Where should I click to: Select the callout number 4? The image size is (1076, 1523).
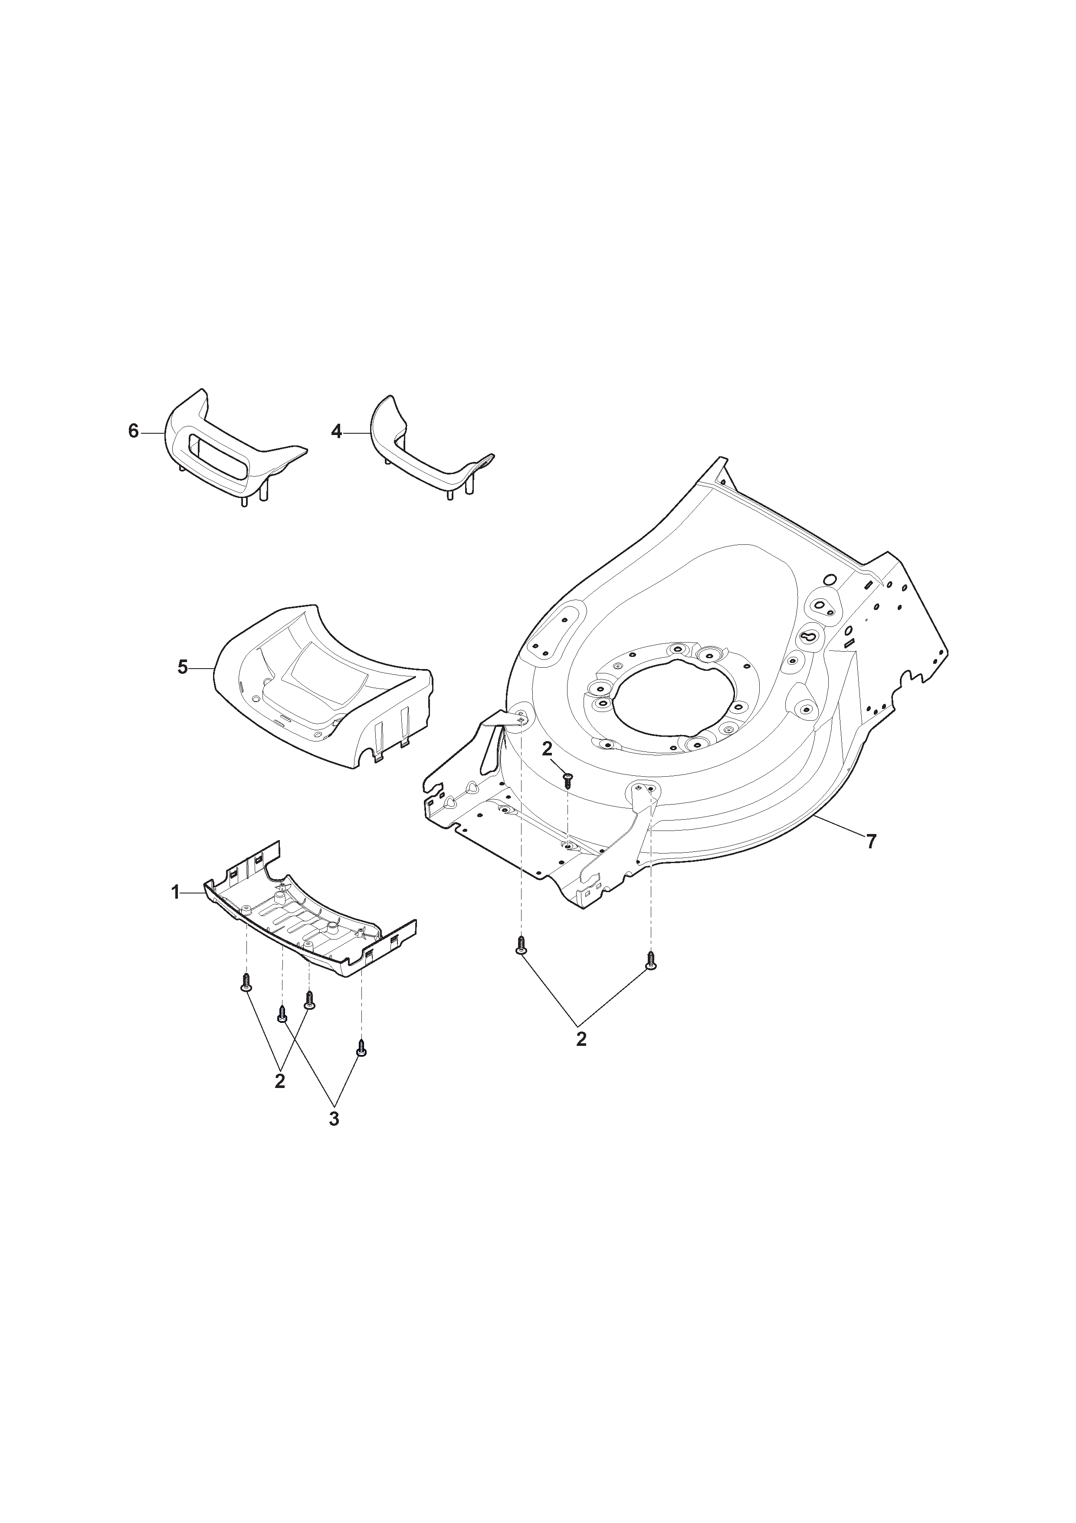pos(337,432)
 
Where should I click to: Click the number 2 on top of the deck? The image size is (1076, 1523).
pos(547,749)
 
